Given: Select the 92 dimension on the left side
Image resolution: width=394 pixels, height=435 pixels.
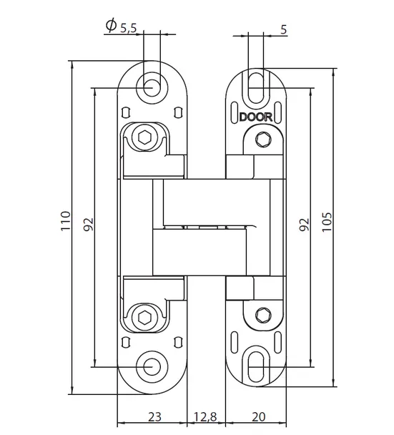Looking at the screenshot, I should tap(89, 225).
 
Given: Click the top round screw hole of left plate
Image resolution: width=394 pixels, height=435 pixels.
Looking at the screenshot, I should tap(152, 87).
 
